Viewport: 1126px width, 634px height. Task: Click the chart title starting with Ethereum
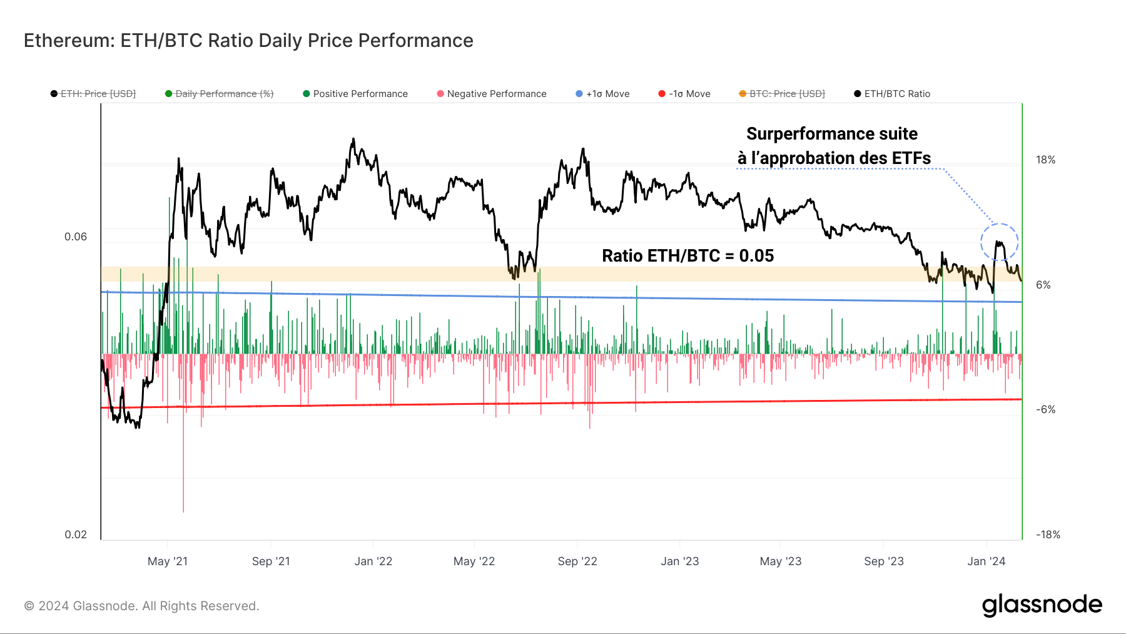[x=248, y=41]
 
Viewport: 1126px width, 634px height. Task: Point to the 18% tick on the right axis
[x=1045, y=160]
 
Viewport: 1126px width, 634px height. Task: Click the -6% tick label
[x=1045, y=410]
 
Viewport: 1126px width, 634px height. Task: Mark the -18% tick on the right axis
[x=1048, y=535]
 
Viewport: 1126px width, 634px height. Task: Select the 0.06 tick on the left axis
[x=76, y=237]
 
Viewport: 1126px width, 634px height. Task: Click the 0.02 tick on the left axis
[x=76, y=534]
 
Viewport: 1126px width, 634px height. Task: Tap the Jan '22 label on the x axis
[x=373, y=561]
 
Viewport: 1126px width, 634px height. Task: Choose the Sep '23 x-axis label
[x=883, y=561]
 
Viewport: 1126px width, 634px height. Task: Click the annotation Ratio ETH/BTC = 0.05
[x=687, y=256]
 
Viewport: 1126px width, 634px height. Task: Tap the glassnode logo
[x=1042, y=605]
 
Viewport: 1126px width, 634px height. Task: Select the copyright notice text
[x=141, y=606]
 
